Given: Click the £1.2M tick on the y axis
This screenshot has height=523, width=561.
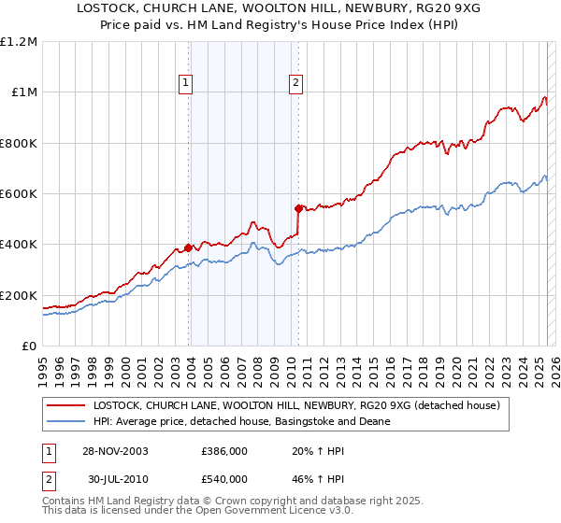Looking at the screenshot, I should (x=19, y=41).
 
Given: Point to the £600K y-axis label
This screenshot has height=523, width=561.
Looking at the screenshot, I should (x=19, y=193).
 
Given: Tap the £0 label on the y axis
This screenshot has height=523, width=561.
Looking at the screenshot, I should (x=29, y=346).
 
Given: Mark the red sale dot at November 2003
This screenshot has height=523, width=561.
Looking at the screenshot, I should (x=188, y=247).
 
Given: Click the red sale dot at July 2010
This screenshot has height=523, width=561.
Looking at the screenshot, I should (x=298, y=208).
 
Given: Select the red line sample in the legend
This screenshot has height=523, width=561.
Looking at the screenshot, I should (x=67, y=406).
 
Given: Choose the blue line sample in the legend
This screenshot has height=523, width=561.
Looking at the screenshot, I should (x=67, y=422).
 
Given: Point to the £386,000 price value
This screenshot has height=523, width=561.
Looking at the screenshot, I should (x=223, y=450).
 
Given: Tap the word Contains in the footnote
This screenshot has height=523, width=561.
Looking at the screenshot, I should (x=65, y=502).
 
